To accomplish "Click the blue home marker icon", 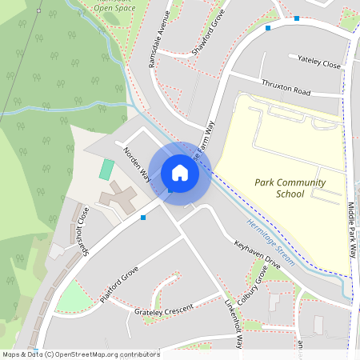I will pos(180,173).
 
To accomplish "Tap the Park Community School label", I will pos(290,188).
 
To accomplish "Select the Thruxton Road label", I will pos(285,88).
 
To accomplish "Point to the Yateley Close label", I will pos(318,62).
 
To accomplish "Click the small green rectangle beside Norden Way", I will pos(106,169).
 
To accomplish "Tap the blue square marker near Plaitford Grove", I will pos(143,217).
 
